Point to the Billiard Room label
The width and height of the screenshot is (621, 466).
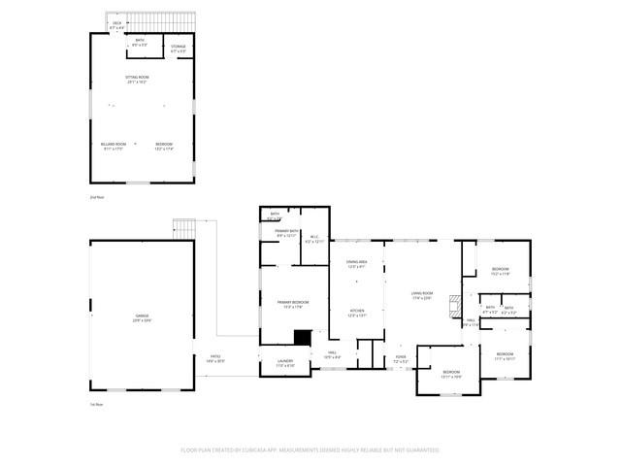(x=114, y=147)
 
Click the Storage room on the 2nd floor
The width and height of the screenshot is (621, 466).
(x=179, y=49)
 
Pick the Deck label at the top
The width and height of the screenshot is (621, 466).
(x=117, y=24)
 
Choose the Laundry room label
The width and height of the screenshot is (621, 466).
(x=285, y=363)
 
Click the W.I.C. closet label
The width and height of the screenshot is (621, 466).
(x=313, y=238)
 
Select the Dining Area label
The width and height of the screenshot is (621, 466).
(x=356, y=264)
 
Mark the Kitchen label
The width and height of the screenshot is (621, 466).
(x=356, y=313)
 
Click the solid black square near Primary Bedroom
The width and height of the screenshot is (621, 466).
(x=303, y=338)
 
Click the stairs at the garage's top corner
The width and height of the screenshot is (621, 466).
(x=183, y=227)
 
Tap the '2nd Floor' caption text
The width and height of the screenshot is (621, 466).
(x=95, y=197)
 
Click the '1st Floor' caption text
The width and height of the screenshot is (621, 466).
(x=95, y=403)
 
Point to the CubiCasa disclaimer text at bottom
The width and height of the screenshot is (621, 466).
(x=310, y=450)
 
